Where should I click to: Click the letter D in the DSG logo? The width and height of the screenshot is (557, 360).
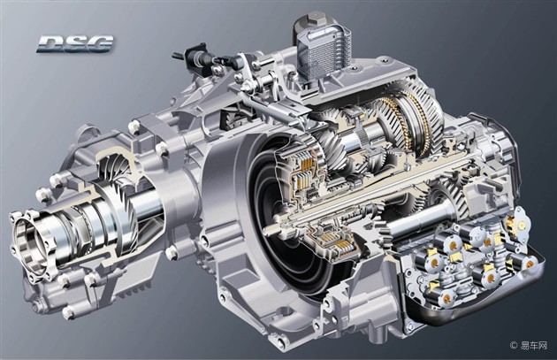(x=50, y=44)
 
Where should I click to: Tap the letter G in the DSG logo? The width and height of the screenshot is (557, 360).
(x=100, y=44)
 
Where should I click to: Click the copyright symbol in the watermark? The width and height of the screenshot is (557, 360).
(x=514, y=345)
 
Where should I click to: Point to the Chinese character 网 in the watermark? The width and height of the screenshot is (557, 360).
(x=543, y=345)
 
